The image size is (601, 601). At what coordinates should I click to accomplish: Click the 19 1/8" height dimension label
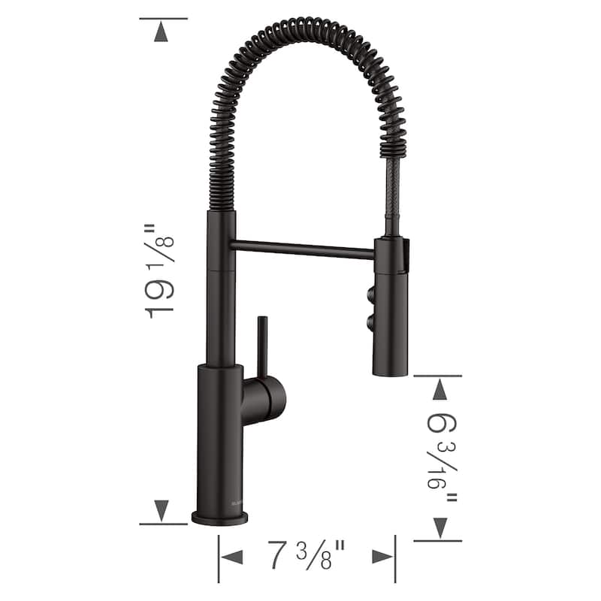pyautogui.click(x=161, y=270)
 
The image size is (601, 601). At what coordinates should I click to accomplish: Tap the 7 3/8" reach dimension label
pyautogui.click(x=307, y=557)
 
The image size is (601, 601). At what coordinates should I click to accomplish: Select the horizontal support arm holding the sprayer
pyautogui.click(x=304, y=249)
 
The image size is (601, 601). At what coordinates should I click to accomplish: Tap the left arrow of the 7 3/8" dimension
pyautogui.click(x=232, y=557)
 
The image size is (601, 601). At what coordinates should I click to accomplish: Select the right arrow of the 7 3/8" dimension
pyautogui.click(x=382, y=557)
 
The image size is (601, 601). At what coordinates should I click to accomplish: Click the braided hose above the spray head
pyautogui.click(x=389, y=195)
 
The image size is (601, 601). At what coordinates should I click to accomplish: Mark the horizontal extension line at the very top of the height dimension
pyautogui.click(x=163, y=18)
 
